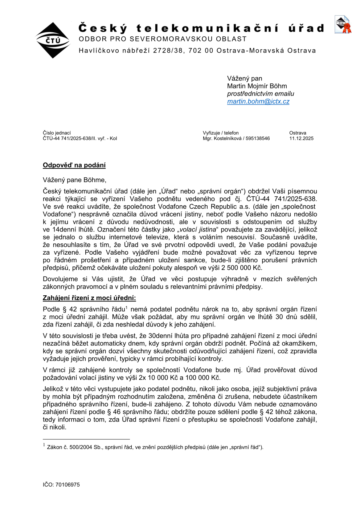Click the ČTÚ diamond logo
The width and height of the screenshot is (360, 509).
pyautogui.click(x=53, y=40)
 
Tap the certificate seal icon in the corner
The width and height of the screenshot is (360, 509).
pyautogui.click(x=343, y=25)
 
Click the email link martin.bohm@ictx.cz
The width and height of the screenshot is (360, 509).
pyautogui.click(x=258, y=102)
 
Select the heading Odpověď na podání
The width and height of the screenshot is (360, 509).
pyautogui.click(x=74, y=165)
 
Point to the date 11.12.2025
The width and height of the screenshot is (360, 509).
pyautogui.click(x=301, y=139)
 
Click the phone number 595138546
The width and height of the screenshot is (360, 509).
pyautogui.click(x=258, y=139)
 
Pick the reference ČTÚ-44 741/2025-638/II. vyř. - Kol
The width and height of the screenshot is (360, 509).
pyautogui.click(x=80, y=139)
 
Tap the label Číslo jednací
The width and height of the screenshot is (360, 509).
pyautogui.click(x=57, y=133)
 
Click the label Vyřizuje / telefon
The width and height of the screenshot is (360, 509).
pyautogui.click(x=221, y=133)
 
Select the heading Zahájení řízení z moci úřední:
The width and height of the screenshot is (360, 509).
pyautogui.click(x=89, y=298)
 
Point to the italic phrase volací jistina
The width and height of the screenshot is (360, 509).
pyautogui.click(x=197, y=230)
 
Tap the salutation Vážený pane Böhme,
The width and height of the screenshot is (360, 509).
pyautogui.click(x=74, y=180)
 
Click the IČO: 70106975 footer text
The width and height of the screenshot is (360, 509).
pyautogui.click(x=61, y=485)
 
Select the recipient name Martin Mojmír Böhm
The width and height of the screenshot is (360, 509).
pyautogui.click(x=257, y=86)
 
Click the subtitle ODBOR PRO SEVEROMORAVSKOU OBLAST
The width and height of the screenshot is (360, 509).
pyautogui.click(x=163, y=39)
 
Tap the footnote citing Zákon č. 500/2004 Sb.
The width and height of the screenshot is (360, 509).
pyautogui.click(x=155, y=447)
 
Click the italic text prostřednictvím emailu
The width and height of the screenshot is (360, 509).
pyautogui.click(x=261, y=94)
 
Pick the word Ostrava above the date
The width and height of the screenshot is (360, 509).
pyautogui.click(x=298, y=133)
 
